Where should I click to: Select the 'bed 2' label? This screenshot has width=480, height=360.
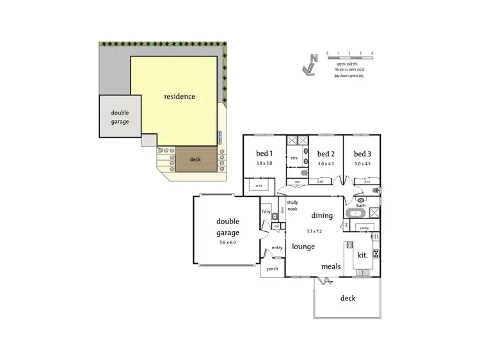point(326,154)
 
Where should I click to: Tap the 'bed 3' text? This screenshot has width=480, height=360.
point(362,154)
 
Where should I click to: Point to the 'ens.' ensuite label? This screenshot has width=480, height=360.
point(295,158)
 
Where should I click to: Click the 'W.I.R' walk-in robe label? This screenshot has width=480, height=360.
point(259,186)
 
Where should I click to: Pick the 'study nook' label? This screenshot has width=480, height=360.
point(292,206)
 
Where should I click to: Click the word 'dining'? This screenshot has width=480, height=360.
point(322,216)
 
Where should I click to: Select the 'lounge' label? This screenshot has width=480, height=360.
point(303,246)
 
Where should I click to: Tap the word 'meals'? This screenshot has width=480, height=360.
point(330,266)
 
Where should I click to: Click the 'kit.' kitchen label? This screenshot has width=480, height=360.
point(362,255)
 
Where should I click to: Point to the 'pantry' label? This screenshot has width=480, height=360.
point(364,227)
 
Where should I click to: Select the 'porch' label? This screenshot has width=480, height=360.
point(272,269)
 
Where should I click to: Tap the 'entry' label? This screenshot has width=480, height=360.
point(277,248)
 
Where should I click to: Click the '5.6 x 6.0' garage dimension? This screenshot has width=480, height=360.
point(227,243)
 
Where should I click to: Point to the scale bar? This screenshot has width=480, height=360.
point(349,58)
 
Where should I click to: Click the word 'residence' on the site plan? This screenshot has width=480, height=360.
point(180,97)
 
